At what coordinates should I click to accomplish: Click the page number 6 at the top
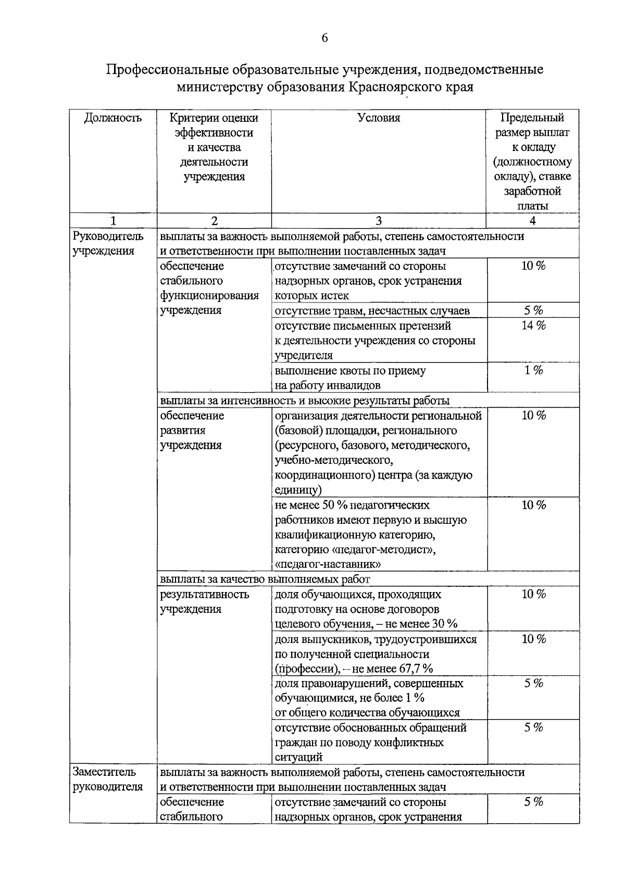324,38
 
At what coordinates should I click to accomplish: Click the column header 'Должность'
113,118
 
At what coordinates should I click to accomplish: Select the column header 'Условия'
379,118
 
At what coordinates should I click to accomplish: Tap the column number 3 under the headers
379,221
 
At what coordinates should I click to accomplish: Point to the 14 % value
533,326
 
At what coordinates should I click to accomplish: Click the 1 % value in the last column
533,371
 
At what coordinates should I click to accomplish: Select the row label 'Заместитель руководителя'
107,779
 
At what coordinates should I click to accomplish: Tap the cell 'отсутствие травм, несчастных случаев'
372,311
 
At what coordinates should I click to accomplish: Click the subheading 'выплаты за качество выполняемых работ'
265,579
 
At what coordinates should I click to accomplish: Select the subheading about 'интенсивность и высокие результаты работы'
305,400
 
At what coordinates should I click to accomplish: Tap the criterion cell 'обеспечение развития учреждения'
192,430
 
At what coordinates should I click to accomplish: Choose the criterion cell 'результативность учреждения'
204,601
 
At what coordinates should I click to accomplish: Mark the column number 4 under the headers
532,221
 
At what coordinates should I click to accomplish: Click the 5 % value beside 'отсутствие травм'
533,311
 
